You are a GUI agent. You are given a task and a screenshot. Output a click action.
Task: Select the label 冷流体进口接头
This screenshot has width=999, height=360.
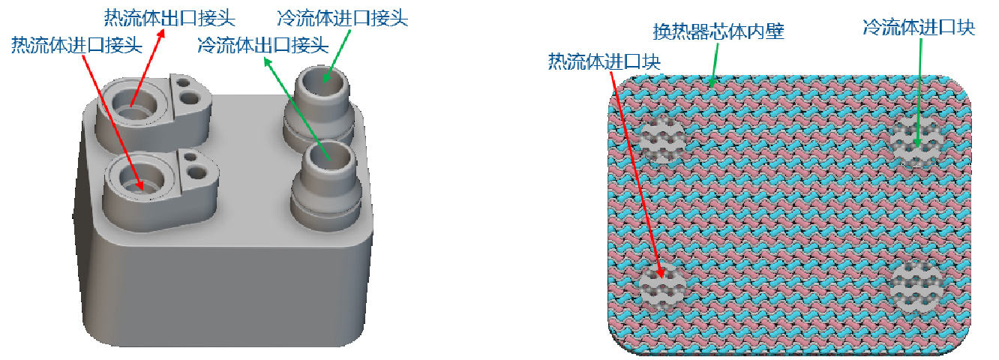coord(342,16)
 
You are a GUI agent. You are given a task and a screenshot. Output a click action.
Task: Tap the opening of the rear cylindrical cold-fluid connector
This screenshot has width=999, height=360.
coord(325,77)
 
